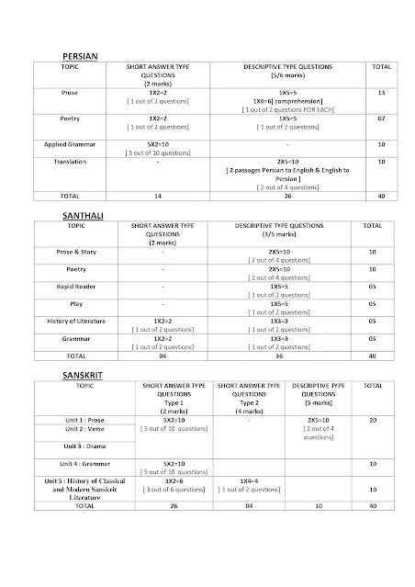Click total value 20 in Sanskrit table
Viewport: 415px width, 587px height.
click(372, 420)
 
